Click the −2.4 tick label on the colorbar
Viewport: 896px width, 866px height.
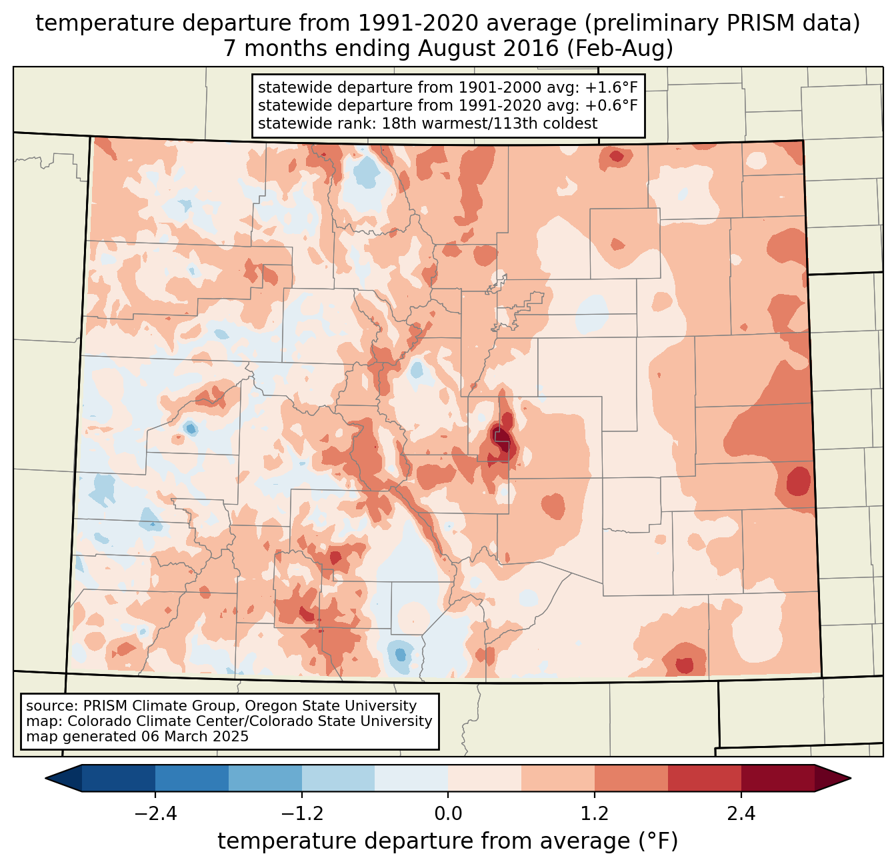click(x=155, y=814)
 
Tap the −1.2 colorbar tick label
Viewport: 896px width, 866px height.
click(x=301, y=814)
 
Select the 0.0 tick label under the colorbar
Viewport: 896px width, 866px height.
click(x=448, y=814)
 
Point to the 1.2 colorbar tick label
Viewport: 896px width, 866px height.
click(x=595, y=814)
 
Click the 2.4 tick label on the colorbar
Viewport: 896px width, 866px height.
click(x=741, y=814)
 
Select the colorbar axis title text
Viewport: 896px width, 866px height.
click(x=448, y=841)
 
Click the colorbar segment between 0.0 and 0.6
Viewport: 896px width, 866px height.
click(x=485, y=778)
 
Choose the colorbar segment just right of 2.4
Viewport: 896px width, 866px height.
click(x=777, y=778)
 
